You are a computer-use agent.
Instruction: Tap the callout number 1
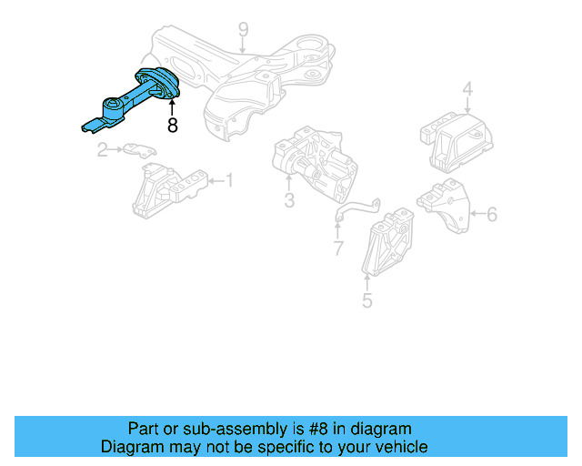(228, 181)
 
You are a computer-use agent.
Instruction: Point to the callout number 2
(103, 149)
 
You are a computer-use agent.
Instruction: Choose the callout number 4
(467, 89)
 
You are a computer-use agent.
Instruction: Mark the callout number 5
(366, 299)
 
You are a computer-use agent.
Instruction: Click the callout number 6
(492, 215)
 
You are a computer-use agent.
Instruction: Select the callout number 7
(337, 248)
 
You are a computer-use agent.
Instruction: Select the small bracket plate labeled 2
(136, 150)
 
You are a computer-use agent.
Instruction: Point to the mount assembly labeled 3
(314, 163)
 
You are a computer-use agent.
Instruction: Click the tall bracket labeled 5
(388, 243)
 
